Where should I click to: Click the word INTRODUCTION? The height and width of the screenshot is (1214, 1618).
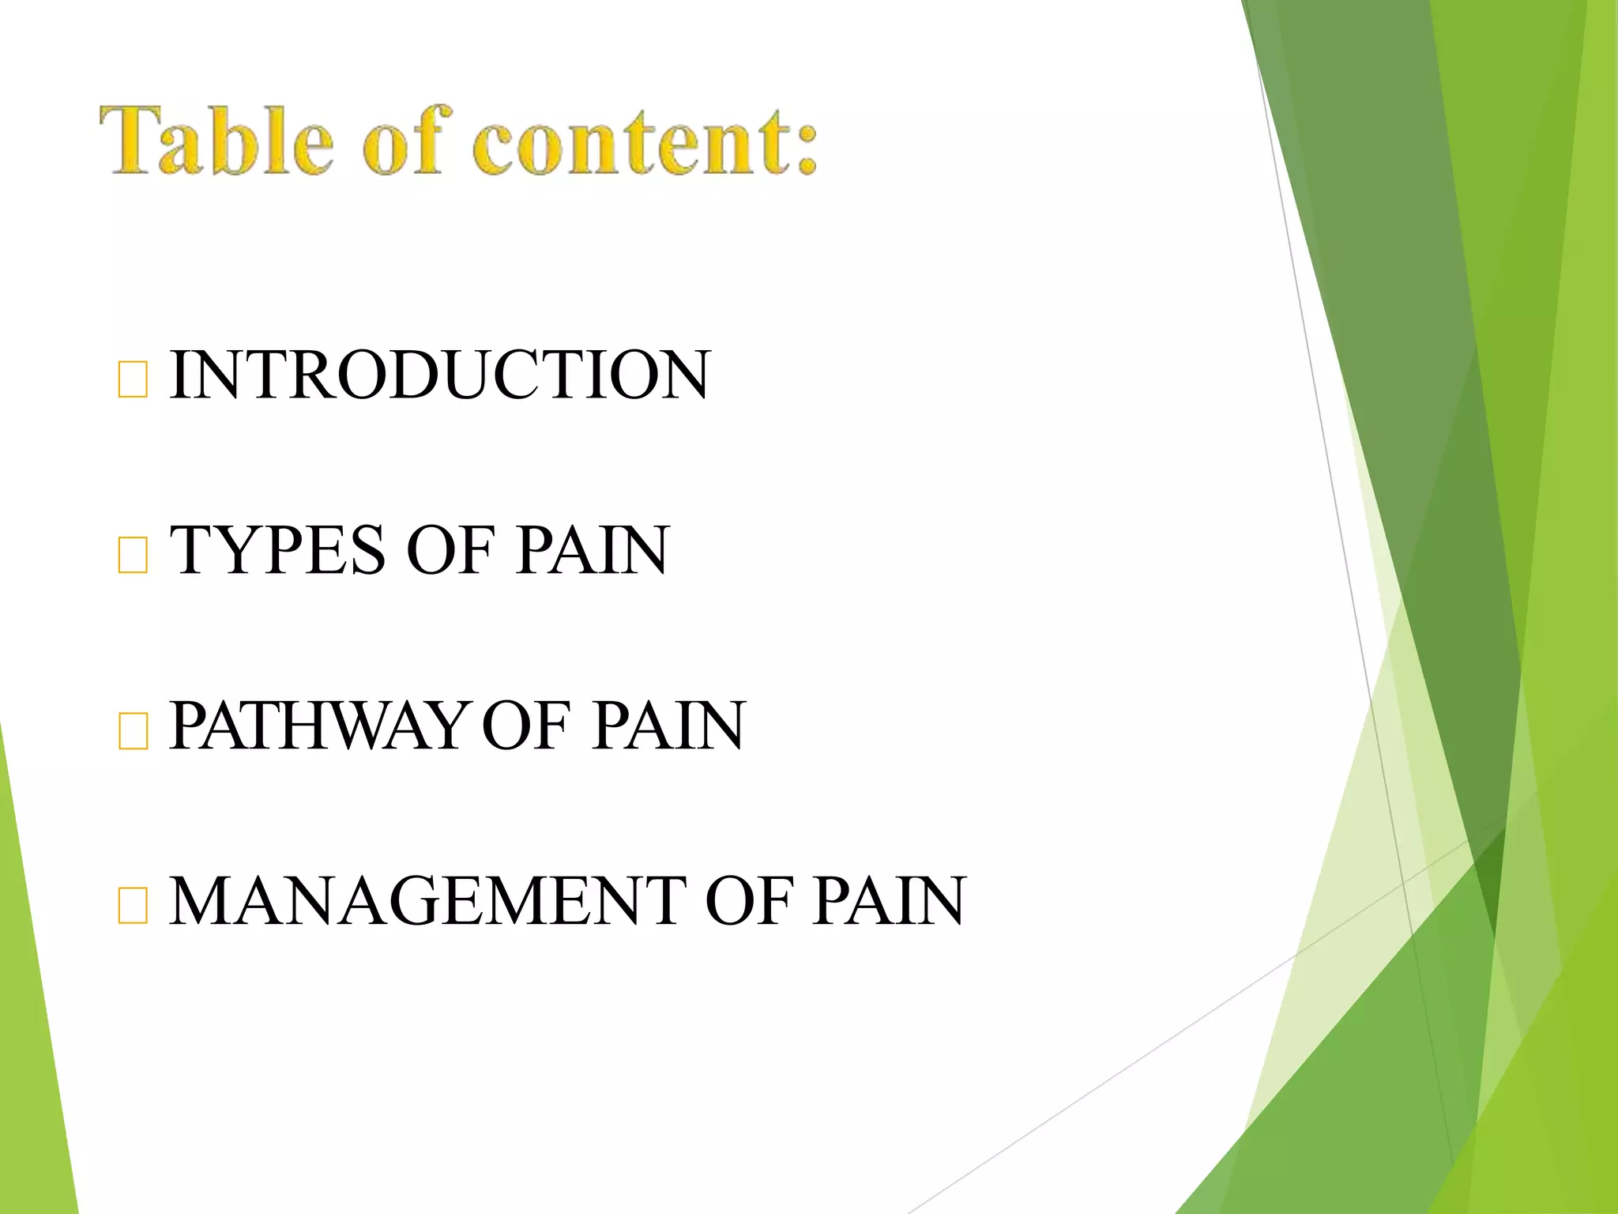click(x=439, y=375)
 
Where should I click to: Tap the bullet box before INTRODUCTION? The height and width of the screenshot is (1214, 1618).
click(x=132, y=379)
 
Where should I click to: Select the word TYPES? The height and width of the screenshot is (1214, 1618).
click(x=277, y=550)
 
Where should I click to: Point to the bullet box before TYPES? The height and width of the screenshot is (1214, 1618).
click(x=132, y=555)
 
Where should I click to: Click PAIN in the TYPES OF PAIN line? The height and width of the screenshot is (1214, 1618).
click(x=592, y=550)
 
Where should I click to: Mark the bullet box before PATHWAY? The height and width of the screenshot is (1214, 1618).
click(x=132, y=730)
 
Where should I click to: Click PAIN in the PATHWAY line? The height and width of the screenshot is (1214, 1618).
click(x=668, y=726)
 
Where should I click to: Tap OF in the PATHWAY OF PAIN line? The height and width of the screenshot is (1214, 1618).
click(x=525, y=726)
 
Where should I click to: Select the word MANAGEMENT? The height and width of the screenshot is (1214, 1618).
click(x=427, y=901)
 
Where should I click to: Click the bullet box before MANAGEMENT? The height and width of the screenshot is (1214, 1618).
click(x=132, y=906)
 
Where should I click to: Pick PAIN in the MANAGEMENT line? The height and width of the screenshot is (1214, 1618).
click(x=889, y=901)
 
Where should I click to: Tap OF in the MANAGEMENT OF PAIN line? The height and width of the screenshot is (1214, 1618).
click(x=747, y=901)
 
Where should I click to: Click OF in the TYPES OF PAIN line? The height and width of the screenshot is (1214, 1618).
click(x=450, y=550)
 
